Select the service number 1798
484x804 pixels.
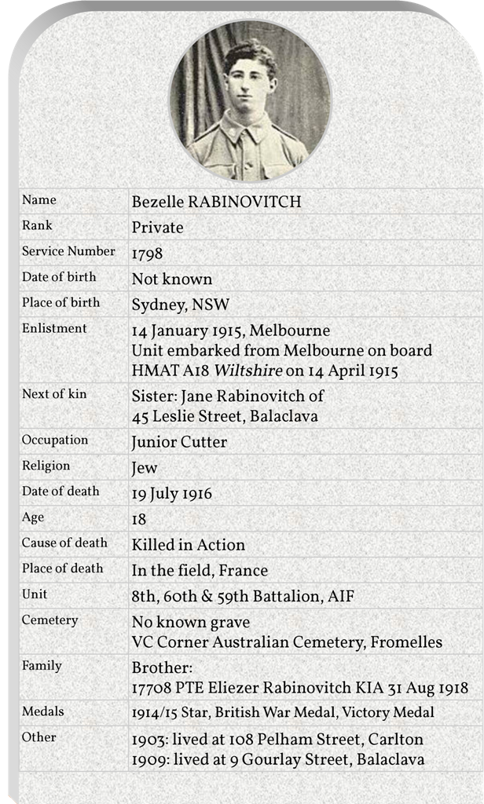pos(148,254)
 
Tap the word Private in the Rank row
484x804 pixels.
pos(157,228)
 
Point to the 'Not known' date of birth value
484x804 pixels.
pos(171,280)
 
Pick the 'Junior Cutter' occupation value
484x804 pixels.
pos(179,442)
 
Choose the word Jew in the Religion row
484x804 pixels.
pos(145,468)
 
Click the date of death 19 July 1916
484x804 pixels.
pos(171,494)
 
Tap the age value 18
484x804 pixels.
pos(139,519)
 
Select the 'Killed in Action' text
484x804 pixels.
pos(189,545)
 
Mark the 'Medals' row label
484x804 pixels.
pos(43,711)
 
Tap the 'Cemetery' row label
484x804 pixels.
pos(49,620)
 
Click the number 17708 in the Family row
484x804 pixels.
pos(151,688)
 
